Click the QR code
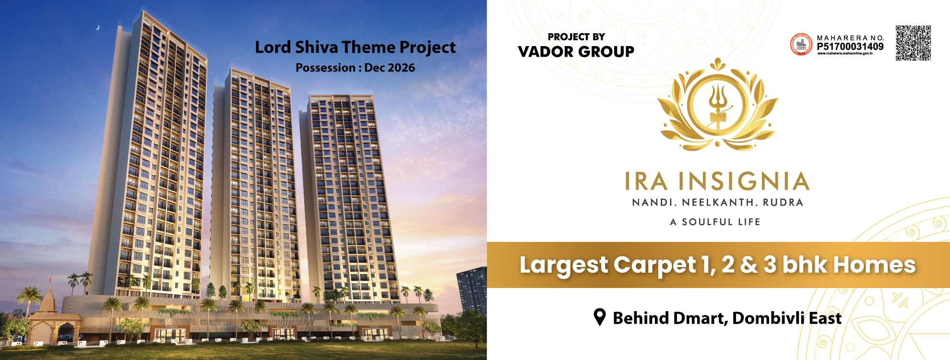[913, 43]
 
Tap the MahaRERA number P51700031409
[850, 47]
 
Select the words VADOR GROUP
[576, 51]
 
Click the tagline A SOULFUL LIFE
[715, 222]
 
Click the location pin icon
[599, 317]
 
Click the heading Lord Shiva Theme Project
[355, 48]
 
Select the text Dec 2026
[389, 68]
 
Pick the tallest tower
[154, 158]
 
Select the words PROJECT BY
[576, 37]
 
